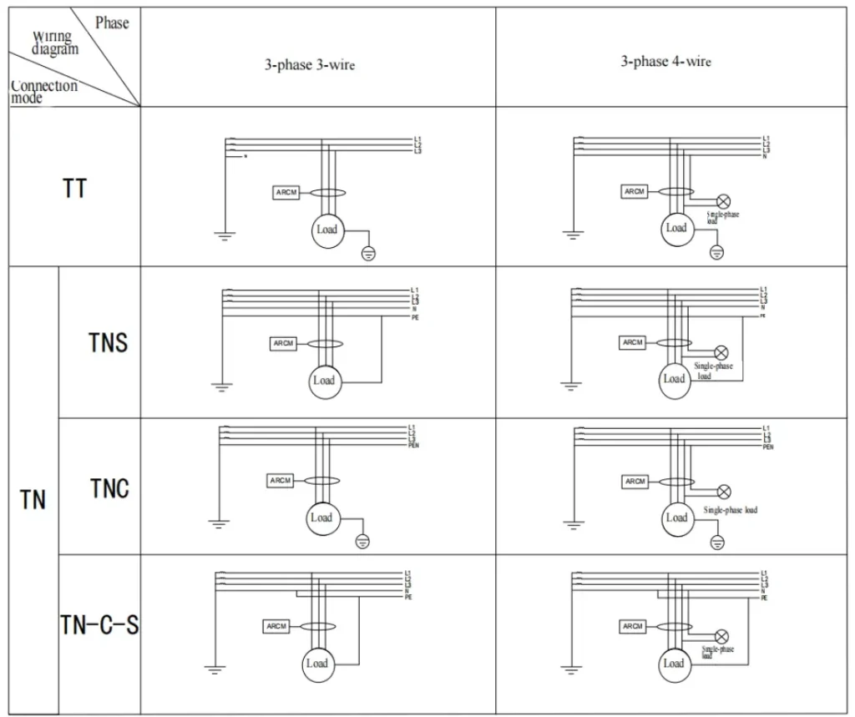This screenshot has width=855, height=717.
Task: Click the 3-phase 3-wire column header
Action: [310, 65]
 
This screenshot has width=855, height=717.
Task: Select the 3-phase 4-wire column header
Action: [665, 62]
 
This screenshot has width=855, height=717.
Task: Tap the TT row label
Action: [74, 188]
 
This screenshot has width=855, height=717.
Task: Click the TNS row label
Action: [109, 342]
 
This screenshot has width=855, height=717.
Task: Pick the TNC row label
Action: [109, 487]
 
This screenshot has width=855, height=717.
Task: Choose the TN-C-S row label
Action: [99, 624]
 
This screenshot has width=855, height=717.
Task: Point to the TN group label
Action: [33, 501]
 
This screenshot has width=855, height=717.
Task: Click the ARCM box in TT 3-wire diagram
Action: [286, 193]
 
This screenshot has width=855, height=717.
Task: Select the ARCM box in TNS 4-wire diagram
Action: [633, 342]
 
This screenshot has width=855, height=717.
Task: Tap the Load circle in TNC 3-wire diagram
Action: [321, 518]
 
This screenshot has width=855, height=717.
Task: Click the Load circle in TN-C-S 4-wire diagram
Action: [674, 664]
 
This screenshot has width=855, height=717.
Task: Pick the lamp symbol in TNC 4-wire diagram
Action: [724, 492]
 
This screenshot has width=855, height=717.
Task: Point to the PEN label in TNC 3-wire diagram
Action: [412, 447]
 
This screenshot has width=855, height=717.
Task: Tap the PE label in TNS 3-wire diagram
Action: [414, 318]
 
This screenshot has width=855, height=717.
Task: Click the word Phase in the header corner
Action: [111, 23]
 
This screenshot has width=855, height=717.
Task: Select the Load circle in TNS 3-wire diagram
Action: [323, 381]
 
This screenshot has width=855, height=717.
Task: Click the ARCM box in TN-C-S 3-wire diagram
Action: [276, 626]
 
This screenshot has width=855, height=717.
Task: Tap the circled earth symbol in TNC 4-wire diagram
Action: [716, 543]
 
